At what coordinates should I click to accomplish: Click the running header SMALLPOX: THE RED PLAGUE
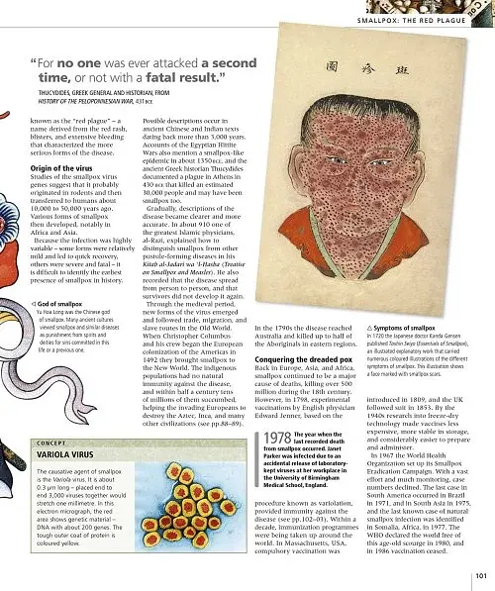[419, 21]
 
